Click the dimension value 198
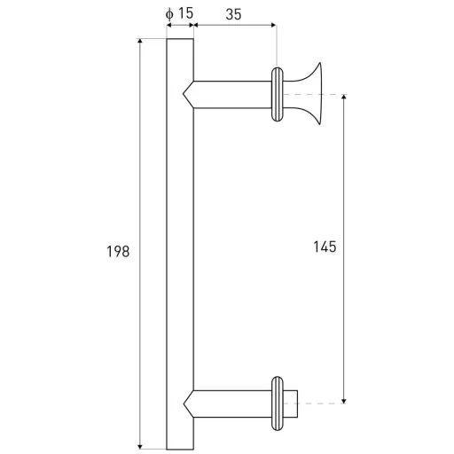point(118,252)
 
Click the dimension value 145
point(325,247)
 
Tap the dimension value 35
point(233,14)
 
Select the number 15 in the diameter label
point(186,13)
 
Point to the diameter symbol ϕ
point(169,14)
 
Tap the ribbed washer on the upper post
point(278,94)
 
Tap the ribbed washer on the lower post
point(278,403)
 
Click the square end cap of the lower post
point(290,403)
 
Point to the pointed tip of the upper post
point(184,94)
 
